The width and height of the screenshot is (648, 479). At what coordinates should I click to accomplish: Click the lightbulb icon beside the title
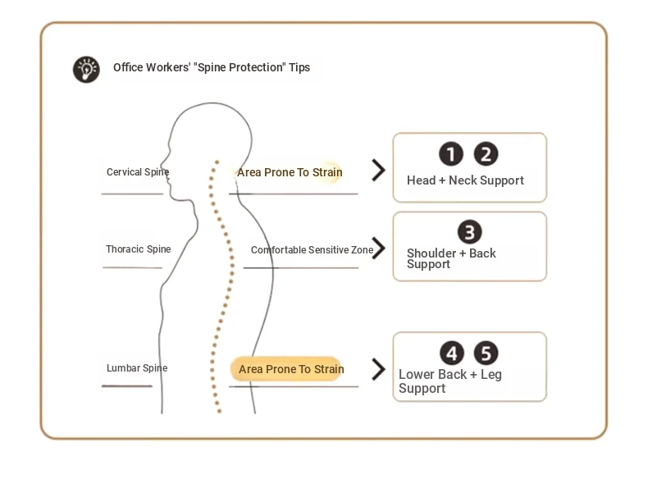pos(86,70)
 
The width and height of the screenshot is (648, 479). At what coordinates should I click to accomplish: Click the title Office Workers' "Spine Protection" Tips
pos(212,67)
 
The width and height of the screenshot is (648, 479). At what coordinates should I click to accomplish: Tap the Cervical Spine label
pos(138,172)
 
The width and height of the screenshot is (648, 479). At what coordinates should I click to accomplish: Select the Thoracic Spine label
pos(138,249)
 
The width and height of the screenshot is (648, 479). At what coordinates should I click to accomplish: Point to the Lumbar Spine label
pos(137,367)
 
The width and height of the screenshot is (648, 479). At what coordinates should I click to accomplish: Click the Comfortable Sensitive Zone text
pos(312,250)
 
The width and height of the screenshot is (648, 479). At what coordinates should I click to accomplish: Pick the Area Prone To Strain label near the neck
pos(290,172)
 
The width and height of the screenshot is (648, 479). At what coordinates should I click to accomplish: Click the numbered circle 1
pos(451,153)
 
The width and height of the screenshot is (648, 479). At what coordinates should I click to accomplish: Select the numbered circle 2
pos(486,153)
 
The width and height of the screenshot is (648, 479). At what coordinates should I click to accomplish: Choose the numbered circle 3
pos(469,232)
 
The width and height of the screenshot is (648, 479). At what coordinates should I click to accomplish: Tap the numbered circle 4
pos(452,353)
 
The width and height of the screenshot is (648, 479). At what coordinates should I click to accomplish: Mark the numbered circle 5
pos(486,353)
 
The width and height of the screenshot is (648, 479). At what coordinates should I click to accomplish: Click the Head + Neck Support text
pos(465,180)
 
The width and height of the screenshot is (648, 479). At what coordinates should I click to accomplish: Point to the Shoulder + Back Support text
pos(451,258)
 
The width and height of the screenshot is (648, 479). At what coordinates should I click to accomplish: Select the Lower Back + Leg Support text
pos(450,381)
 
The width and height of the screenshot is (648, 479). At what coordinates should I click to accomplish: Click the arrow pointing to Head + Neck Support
pos(378,171)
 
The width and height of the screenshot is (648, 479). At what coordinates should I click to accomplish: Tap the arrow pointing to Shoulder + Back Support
pos(378,248)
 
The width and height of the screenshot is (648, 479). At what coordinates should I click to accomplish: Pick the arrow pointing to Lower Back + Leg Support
pos(378,369)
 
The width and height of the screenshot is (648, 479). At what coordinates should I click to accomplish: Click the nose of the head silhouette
pos(162,159)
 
